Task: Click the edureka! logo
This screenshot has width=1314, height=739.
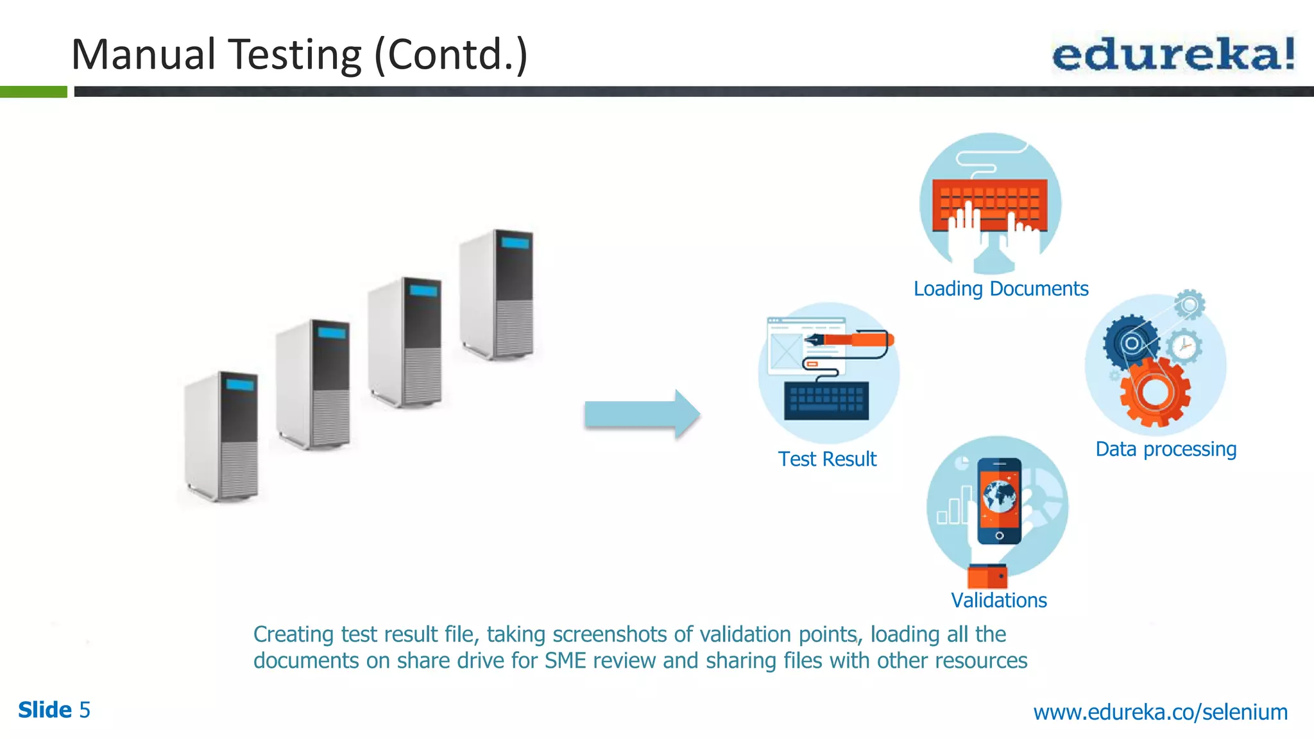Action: (1173, 55)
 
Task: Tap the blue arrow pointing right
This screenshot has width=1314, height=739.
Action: (641, 414)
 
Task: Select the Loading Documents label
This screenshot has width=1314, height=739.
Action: (1000, 289)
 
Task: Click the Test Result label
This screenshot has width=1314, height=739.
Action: (826, 459)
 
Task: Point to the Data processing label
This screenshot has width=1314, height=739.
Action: (1165, 449)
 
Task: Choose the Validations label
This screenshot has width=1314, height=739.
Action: (998, 600)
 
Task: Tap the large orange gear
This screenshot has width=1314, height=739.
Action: (1155, 391)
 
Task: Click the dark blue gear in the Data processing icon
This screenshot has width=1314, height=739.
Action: (1131, 343)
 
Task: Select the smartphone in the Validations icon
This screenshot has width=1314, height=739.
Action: (999, 500)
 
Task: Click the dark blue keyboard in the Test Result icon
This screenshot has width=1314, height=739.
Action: (826, 401)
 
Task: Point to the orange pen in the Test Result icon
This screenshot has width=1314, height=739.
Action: (853, 339)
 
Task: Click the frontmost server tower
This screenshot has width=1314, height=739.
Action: (221, 436)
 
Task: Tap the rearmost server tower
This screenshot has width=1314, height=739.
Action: (497, 293)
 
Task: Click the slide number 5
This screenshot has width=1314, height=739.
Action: (85, 710)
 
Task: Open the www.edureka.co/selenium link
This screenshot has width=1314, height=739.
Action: (1160, 712)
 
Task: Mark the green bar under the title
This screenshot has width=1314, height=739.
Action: (33, 92)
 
